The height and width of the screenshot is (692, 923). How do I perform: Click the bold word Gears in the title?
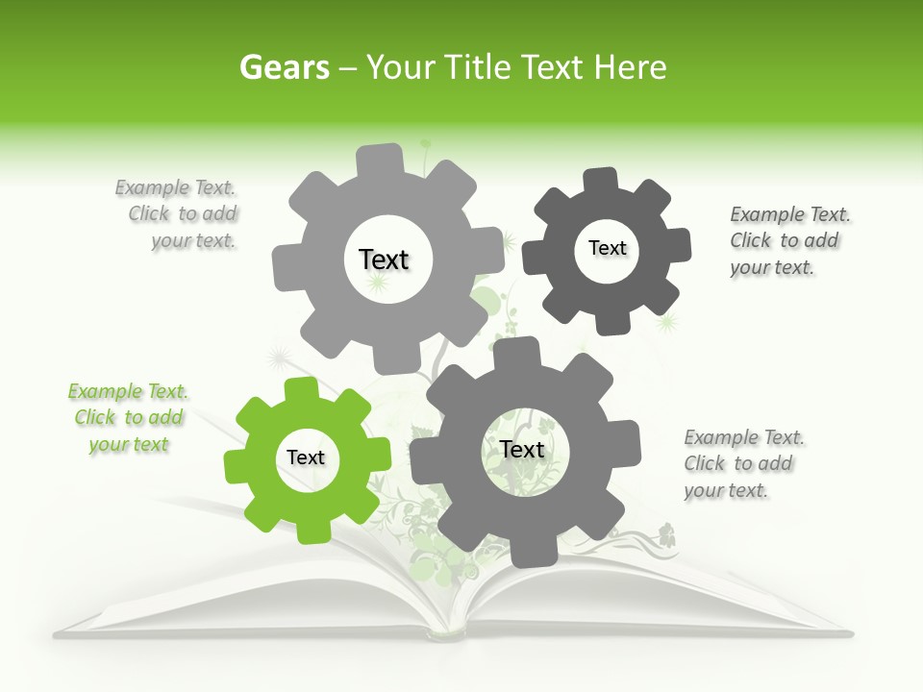(284, 67)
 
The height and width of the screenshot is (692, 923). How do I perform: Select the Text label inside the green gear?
(306, 458)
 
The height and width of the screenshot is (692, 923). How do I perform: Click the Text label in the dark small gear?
(607, 248)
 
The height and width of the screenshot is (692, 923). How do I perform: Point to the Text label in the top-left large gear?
(384, 259)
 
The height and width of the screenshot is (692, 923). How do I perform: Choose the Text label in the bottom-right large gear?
(522, 449)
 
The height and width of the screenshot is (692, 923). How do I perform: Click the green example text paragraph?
(128, 418)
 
